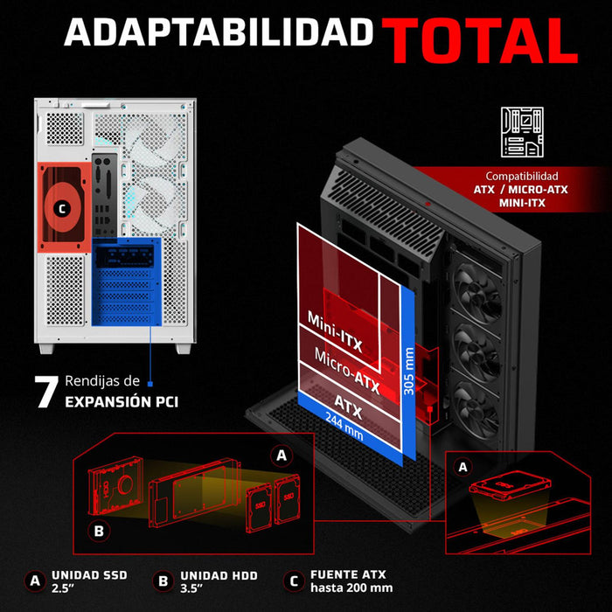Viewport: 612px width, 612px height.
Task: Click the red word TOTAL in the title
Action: coord(480,40)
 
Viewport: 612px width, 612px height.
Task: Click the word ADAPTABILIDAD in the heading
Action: coord(219,32)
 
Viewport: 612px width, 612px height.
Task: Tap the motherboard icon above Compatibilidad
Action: coord(522,132)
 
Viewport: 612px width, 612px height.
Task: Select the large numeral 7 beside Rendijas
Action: coord(46,392)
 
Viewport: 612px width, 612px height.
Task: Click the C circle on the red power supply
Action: coord(62,210)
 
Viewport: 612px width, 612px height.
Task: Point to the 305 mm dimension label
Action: coord(408,371)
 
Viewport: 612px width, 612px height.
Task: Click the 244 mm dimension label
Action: coord(344,427)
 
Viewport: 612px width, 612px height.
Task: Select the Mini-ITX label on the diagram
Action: coord(335,331)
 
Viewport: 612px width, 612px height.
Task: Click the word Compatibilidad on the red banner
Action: coord(522,176)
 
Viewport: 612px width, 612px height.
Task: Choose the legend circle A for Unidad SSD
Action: coord(35,581)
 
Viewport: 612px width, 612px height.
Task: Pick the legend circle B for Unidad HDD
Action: coord(163,581)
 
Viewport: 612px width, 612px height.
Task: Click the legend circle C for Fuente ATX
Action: coord(294,581)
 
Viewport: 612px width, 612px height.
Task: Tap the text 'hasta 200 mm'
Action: coord(351,588)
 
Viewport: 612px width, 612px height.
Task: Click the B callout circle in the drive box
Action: coord(99,531)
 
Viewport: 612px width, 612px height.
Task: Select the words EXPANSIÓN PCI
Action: coord(122,401)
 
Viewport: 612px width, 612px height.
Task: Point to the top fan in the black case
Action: coord(478,292)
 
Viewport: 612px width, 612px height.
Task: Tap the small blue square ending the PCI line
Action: coord(150,384)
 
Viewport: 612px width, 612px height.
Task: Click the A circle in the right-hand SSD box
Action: coord(462,467)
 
